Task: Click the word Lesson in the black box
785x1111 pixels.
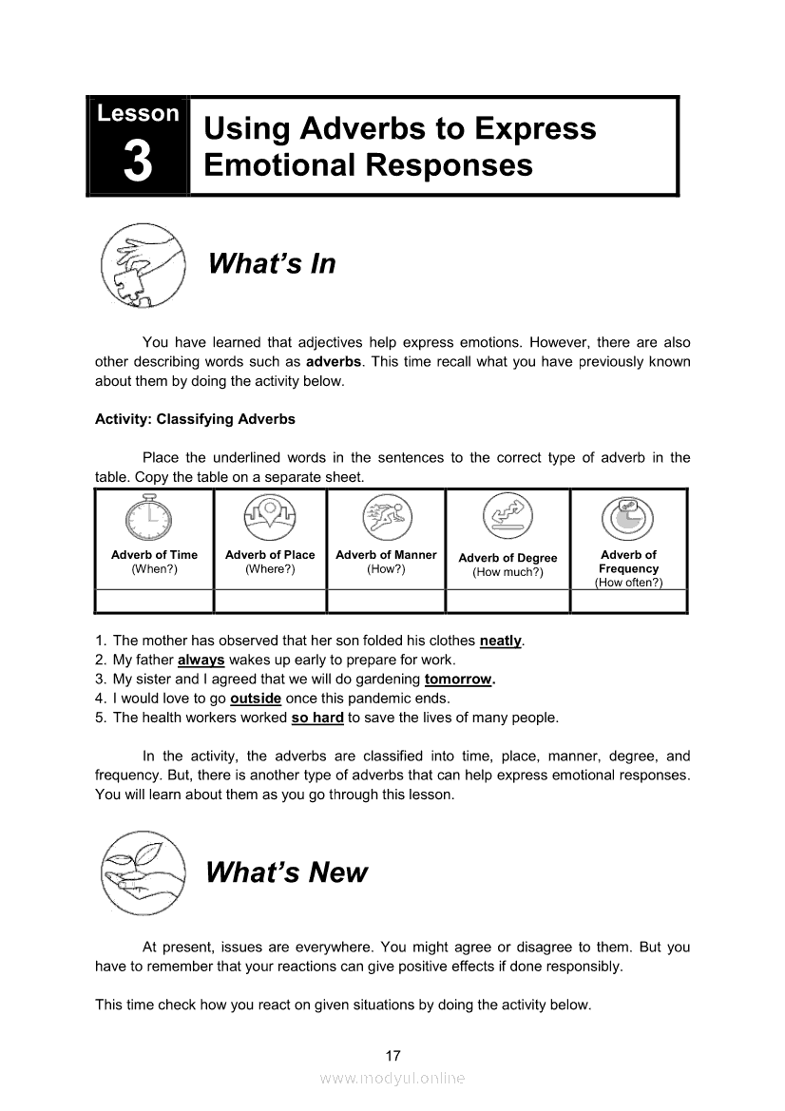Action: (138, 113)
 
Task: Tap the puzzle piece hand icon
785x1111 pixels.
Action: (143, 264)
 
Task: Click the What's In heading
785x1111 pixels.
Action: (272, 263)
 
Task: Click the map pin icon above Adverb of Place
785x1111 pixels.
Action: (270, 519)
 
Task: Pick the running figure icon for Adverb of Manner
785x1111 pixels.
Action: (386, 519)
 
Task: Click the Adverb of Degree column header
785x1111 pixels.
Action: (507, 565)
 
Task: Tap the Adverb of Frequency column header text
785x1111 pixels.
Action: (628, 568)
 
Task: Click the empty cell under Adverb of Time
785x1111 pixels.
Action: (154, 602)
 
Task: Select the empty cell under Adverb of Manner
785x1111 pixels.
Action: (386, 602)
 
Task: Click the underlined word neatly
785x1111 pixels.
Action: (501, 642)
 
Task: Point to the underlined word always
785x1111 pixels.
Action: (201, 661)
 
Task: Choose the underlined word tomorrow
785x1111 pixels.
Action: (459, 680)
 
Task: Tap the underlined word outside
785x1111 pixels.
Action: (256, 699)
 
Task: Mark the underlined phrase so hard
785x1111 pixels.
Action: (317, 718)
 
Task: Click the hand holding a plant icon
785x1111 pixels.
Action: (143, 872)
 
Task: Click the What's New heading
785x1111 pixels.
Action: (286, 872)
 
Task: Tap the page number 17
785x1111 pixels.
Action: (393, 1056)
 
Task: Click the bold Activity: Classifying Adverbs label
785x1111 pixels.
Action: (195, 419)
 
